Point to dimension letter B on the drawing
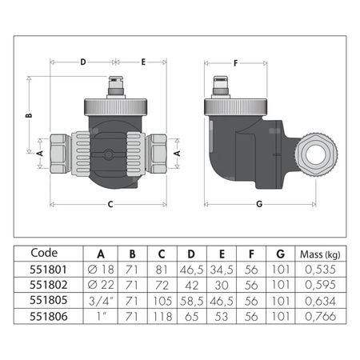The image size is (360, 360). (30, 115)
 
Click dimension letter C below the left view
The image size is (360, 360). (108, 204)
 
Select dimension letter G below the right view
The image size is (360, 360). (259, 204)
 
